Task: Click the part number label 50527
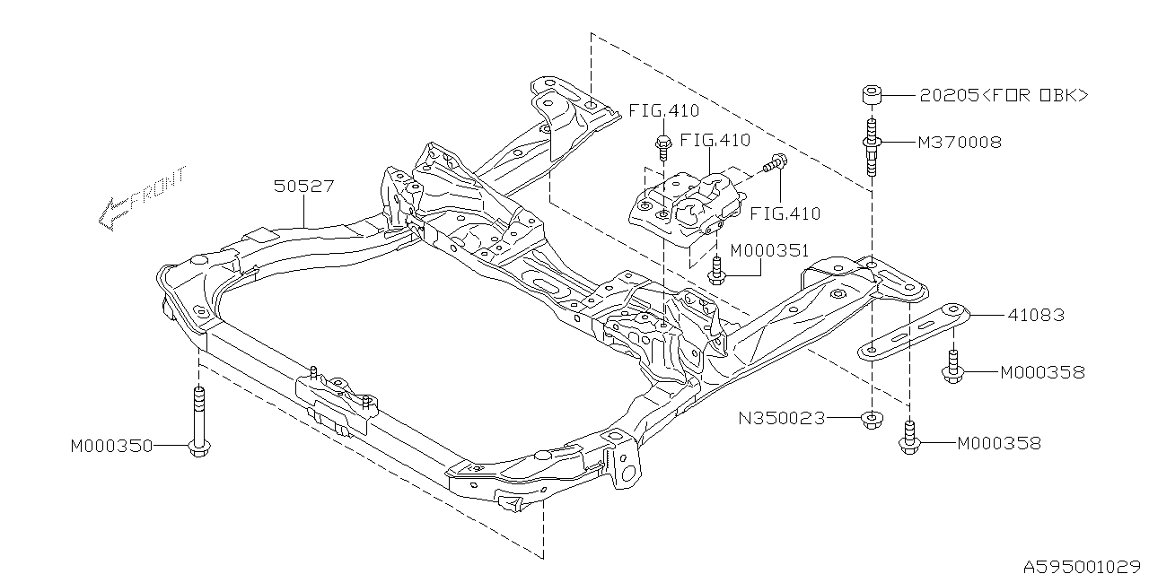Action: pos(304,187)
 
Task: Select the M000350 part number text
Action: pos(112,445)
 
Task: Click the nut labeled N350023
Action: pos(870,419)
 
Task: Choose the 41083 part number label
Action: pos(1035,315)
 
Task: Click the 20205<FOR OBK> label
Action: pos(1003,94)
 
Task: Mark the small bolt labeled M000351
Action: pos(715,269)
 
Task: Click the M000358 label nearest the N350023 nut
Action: pos(998,443)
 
